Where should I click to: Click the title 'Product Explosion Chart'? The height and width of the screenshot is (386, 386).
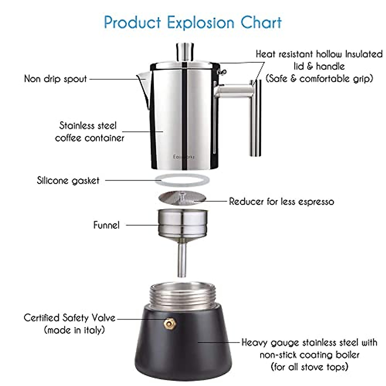pos(193,23)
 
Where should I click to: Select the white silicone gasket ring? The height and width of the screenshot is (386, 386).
pos(182,180)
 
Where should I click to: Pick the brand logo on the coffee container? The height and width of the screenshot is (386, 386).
pos(184,157)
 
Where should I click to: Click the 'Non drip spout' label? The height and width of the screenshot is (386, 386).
pos(55,79)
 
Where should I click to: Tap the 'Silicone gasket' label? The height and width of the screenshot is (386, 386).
pos(68,180)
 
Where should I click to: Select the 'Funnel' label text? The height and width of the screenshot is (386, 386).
pos(106,225)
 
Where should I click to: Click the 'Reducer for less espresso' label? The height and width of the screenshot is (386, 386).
pos(281,202)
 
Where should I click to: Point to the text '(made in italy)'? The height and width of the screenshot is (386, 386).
pos(74,330)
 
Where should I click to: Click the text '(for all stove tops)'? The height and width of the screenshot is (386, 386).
pos(309,367)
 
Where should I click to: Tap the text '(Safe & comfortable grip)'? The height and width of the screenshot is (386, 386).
pos(319,78)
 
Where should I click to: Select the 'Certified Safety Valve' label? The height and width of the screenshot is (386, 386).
pos(69,318)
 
